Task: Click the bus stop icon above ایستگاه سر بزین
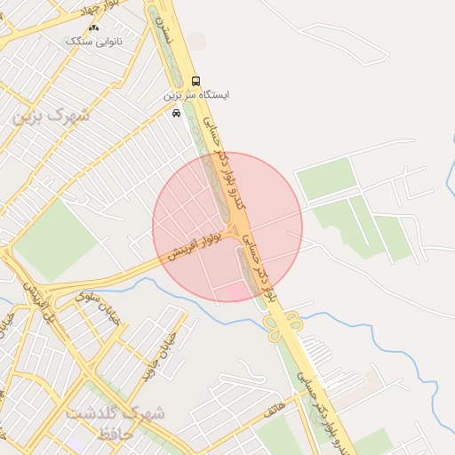click(196, 81)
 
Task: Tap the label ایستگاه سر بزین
click(196, 94)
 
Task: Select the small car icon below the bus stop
click(176, 113)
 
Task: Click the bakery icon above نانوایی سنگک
click(94, 28)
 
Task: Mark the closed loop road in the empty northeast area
click(351, 44)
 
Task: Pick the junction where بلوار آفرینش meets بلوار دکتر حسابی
click(235, 235)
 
